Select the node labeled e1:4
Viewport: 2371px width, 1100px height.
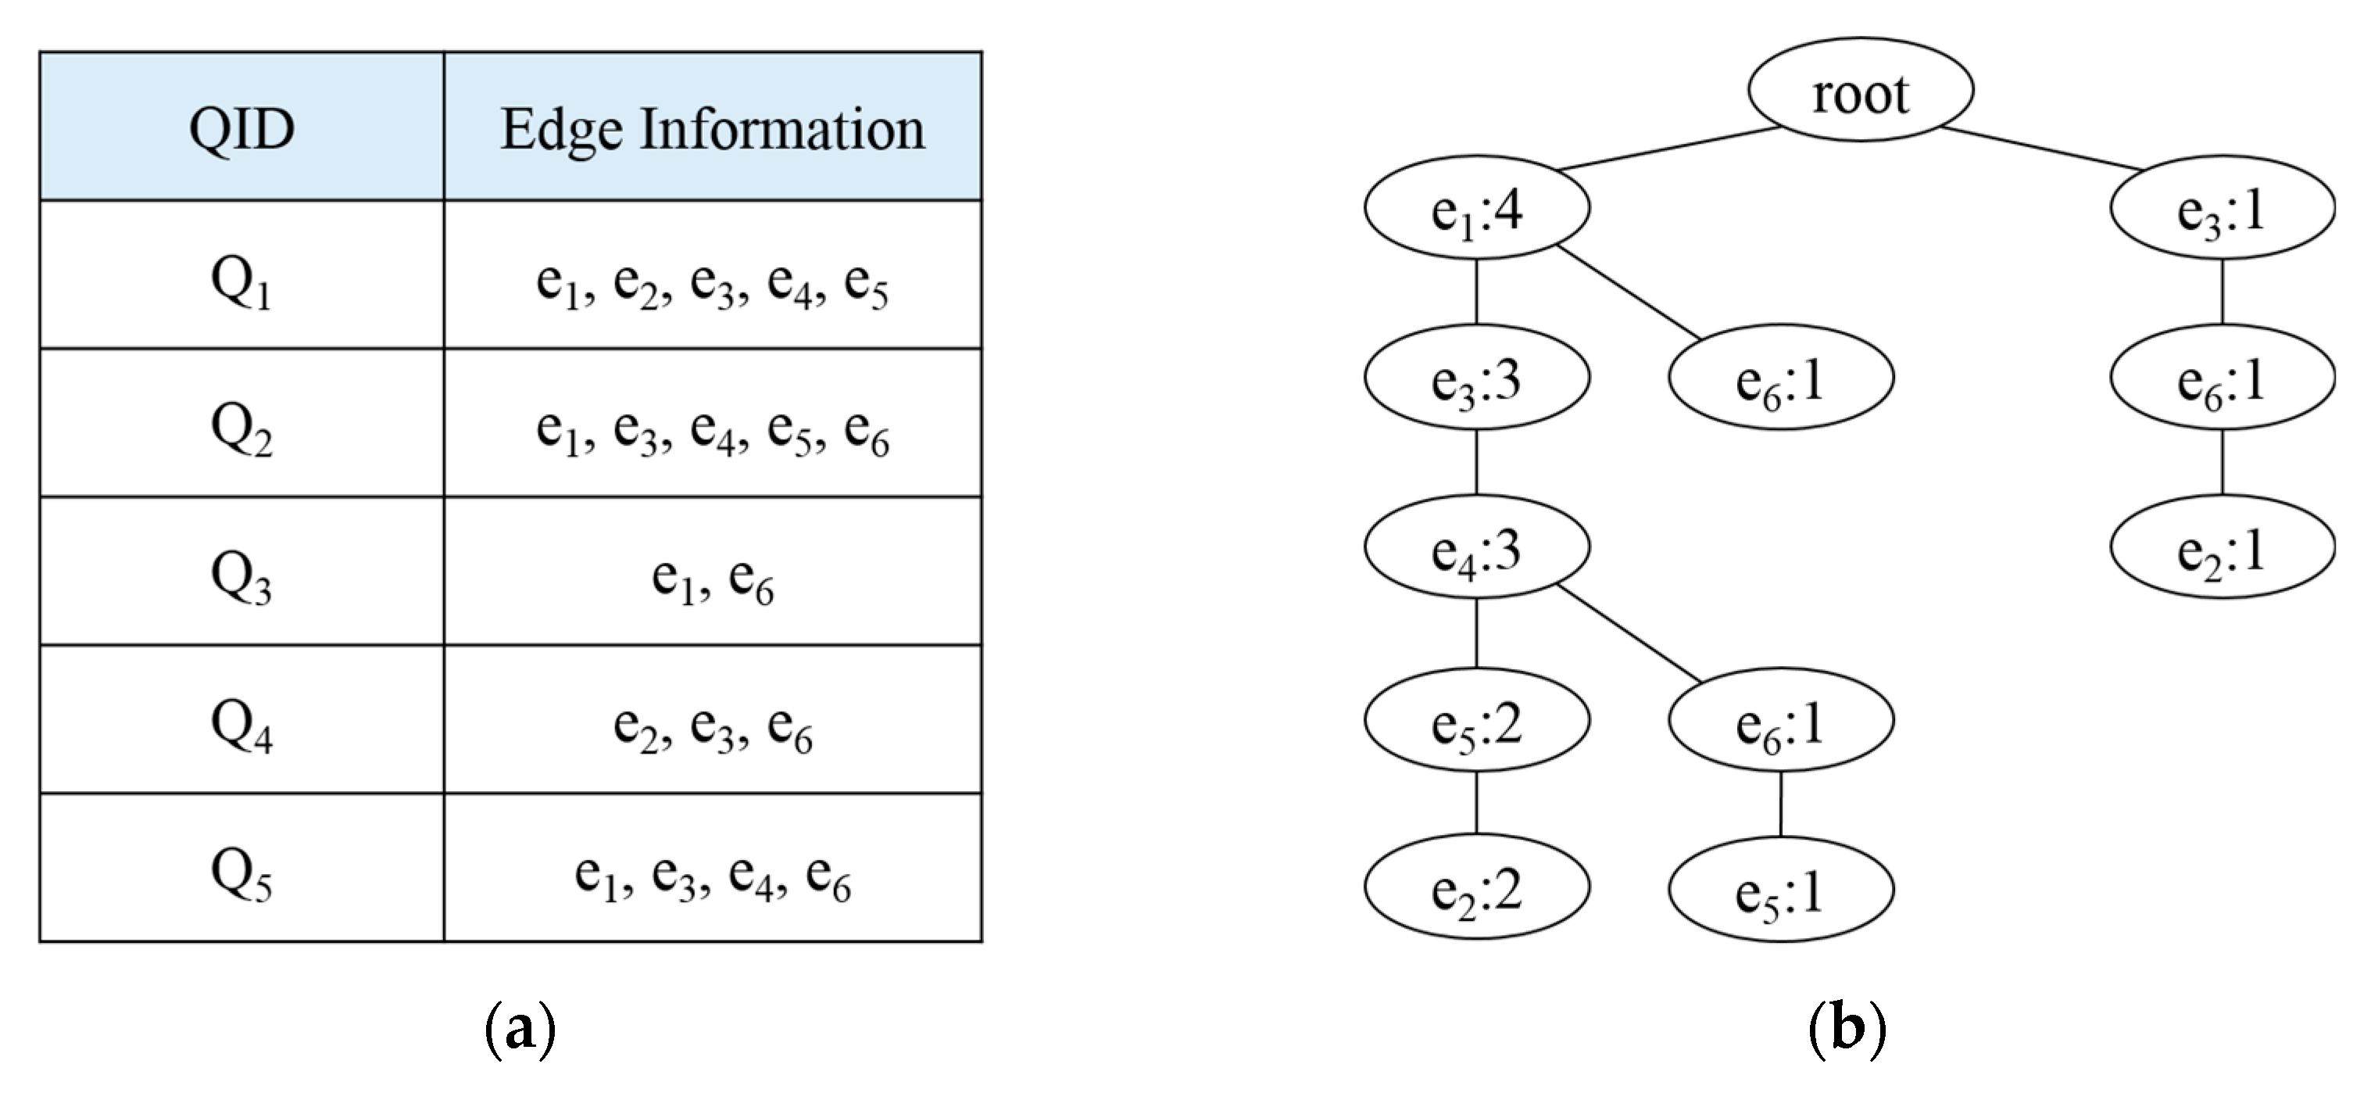(1476, 208)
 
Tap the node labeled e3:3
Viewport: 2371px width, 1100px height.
(1476, 378)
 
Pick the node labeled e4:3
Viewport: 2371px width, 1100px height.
(1476, 548)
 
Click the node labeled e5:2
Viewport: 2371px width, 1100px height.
(1476, 720)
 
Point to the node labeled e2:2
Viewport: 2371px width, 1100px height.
(1476, 887)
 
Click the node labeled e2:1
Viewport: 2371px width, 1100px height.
(2222, 548)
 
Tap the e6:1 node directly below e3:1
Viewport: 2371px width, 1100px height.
(2222, 378)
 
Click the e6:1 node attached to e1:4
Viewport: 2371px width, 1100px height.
(1780, 378)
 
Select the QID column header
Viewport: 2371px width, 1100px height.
(242, 127)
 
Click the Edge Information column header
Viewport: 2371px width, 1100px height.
(713, 127)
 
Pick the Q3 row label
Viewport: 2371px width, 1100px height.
(242, 574)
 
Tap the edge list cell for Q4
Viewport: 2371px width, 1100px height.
(713, 722)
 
